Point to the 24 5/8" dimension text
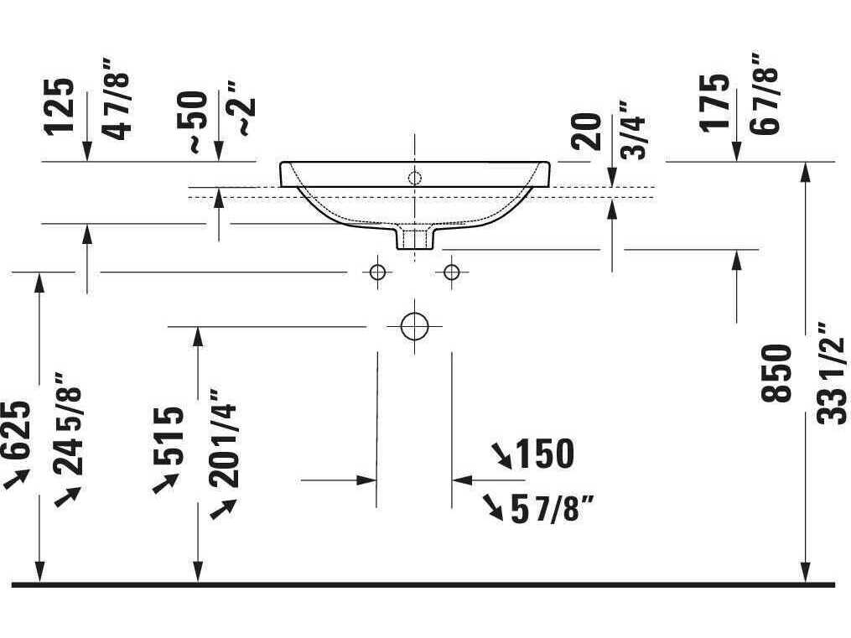coord(70,423)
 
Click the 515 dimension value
coord(169,435)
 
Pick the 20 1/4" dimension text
coord(224,438)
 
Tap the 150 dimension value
coord(544,454)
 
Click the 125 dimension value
coord(60,106)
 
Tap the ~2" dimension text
coord(244,109)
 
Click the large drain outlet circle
coord(413,325)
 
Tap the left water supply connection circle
coord(377,272)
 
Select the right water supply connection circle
coord(451,272)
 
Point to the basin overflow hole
coord(413,177)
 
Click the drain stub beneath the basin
coord(414,238)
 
